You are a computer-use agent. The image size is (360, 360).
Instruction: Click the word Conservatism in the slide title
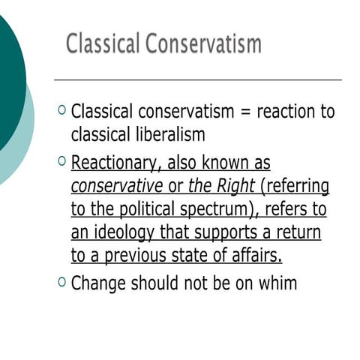(x=204, y=43)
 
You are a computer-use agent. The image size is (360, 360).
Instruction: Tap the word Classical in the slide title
(x=103, y=43)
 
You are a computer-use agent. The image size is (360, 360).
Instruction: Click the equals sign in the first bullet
(x=243, y=112)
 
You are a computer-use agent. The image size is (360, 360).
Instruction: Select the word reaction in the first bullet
(x=288, y=112)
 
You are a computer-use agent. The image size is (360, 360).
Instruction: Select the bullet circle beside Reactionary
(x=61, y=160)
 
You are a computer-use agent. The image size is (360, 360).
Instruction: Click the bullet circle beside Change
(x=61, y=281)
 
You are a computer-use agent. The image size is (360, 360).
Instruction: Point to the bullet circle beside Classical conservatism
(x=61, y=110)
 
